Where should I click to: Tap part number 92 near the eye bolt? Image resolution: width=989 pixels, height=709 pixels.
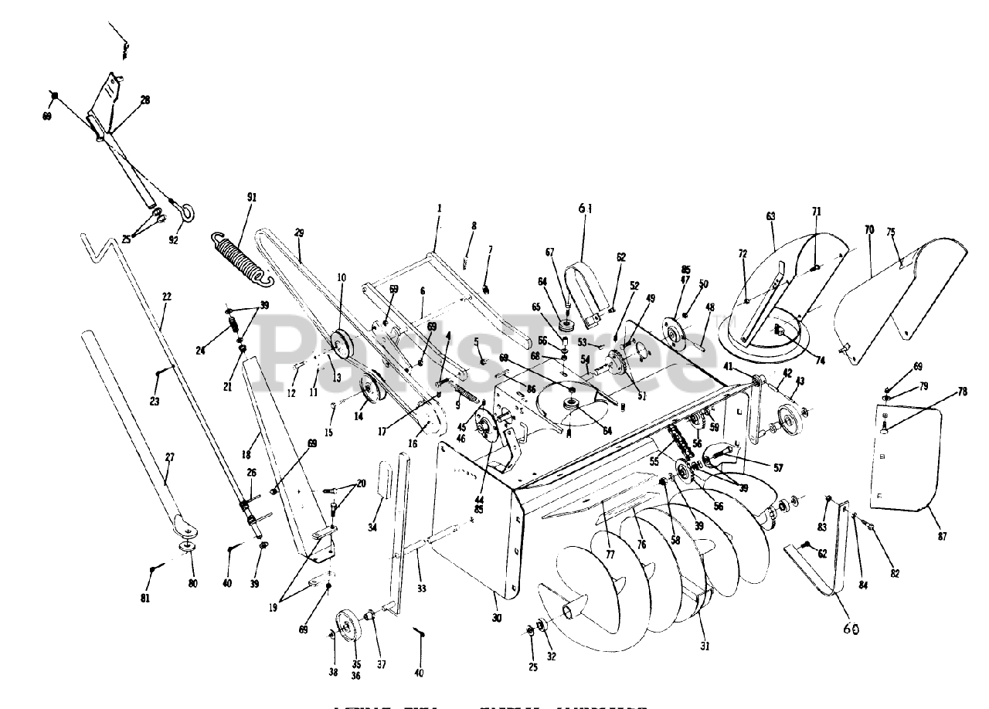point(173,240)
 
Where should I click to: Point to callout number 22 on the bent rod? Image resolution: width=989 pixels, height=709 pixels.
point(166,297)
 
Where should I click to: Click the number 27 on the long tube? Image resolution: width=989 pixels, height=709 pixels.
point(170,457)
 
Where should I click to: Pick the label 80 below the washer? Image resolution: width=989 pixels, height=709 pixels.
point(192,583)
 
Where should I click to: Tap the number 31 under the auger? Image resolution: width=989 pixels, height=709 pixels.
point(704,646)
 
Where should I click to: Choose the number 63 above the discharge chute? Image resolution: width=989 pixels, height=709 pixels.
point(770,216)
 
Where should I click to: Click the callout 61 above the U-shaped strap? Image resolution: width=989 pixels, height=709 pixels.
point(583,208)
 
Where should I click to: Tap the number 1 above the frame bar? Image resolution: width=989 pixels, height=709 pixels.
point(439,208)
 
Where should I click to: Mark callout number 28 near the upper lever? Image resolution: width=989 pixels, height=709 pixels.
point(144,100)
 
